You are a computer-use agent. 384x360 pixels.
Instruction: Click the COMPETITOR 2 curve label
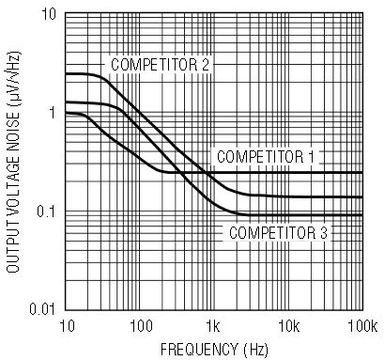point(160,65)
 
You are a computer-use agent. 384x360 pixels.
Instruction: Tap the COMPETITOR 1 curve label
point(266,157)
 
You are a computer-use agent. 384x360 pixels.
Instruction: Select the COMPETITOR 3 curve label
point(278,233)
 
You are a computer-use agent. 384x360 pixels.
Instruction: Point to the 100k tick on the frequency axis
point(363,327)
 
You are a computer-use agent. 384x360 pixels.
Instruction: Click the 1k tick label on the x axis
point(213,327)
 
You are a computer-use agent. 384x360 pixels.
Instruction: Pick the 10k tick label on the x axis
point(289,327)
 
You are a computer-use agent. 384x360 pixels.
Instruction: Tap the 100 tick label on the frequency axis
point(141,327)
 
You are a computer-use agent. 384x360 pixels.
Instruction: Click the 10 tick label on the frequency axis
point(67,327)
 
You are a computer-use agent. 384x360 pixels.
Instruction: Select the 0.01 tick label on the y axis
point(42,309)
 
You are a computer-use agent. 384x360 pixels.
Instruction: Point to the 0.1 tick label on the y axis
point(46,211)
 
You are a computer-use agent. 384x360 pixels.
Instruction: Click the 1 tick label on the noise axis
point(52,113)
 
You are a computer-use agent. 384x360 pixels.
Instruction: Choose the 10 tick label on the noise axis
point(48,14)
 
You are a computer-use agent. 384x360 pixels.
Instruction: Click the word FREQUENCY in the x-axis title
point(199,350)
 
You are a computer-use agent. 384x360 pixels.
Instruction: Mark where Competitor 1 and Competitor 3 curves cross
point(181,173)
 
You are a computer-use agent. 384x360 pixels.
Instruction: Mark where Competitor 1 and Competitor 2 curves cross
point(206,173)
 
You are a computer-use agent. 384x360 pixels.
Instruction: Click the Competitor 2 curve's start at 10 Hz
point(66,74)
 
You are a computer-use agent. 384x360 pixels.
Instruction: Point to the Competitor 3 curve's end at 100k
point(362,215)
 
